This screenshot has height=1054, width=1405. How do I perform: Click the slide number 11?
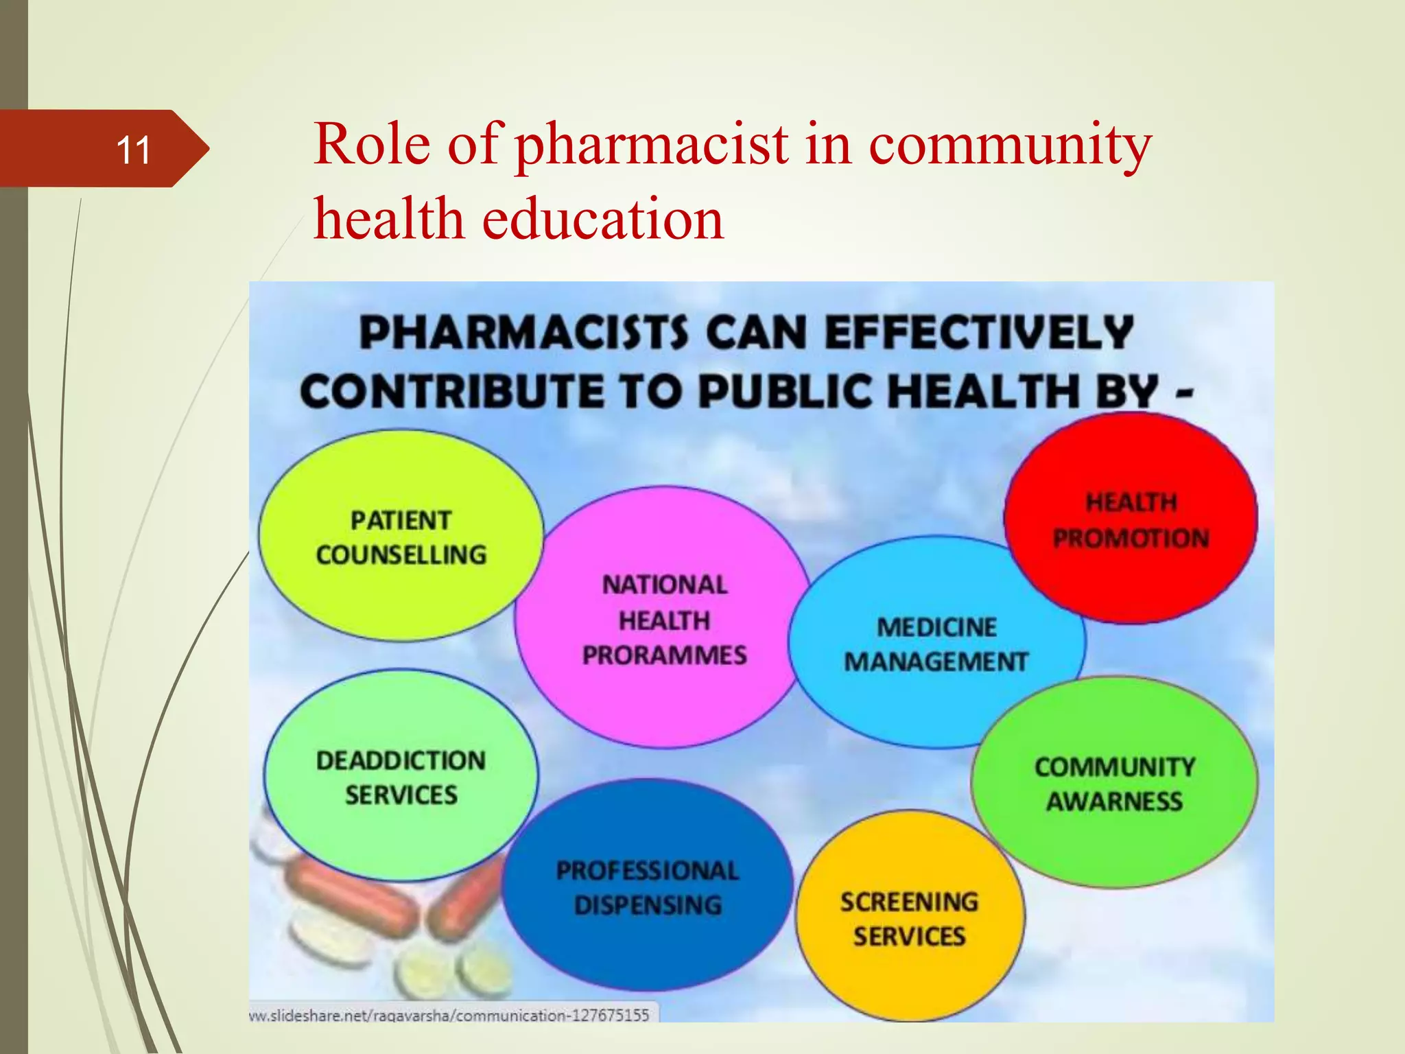(x=133, y=150)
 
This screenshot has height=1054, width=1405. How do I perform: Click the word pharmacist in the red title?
(x=651, y=145)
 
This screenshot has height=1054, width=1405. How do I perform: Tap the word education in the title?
(x=603, y=219)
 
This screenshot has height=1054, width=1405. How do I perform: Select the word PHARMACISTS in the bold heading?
(x=523, y=333)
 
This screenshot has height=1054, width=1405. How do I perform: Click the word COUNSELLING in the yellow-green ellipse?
(x=401, y=555)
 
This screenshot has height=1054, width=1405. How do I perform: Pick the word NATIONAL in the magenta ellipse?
(x=665, y=585)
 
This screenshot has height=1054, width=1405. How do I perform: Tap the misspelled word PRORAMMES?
(x=664, y=655)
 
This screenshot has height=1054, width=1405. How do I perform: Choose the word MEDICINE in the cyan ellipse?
(x=936, y=627)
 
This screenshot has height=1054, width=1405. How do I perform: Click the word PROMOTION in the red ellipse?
(x=1131, y=539)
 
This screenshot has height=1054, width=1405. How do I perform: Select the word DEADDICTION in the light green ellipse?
(x=401, y=760)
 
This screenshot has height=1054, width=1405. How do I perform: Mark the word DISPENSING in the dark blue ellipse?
(x=648, y=905)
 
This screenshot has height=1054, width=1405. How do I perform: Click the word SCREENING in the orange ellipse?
(x=909, y=902)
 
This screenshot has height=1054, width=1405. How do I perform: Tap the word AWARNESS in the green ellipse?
(x=1114, y=801)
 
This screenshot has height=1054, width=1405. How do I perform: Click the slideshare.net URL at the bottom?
(x=449, y=1015)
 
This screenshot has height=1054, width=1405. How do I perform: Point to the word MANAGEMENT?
(x=936, y=661)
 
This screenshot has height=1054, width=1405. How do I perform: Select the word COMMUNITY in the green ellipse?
(x=1115, y=766)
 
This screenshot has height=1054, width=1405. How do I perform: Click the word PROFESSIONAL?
(x=648, y=870)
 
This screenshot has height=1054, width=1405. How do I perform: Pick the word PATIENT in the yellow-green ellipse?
(x=401, y=520)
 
